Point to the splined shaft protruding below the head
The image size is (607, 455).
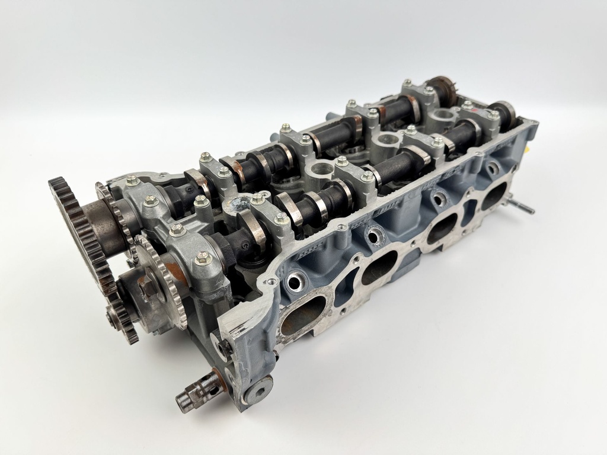193,395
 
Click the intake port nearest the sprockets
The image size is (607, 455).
303,315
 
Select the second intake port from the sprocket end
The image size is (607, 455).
379,266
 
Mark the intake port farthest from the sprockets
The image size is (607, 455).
493,196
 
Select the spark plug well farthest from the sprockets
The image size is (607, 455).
442,114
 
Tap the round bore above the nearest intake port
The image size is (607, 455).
293,281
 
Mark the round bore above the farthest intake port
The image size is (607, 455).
491,169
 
